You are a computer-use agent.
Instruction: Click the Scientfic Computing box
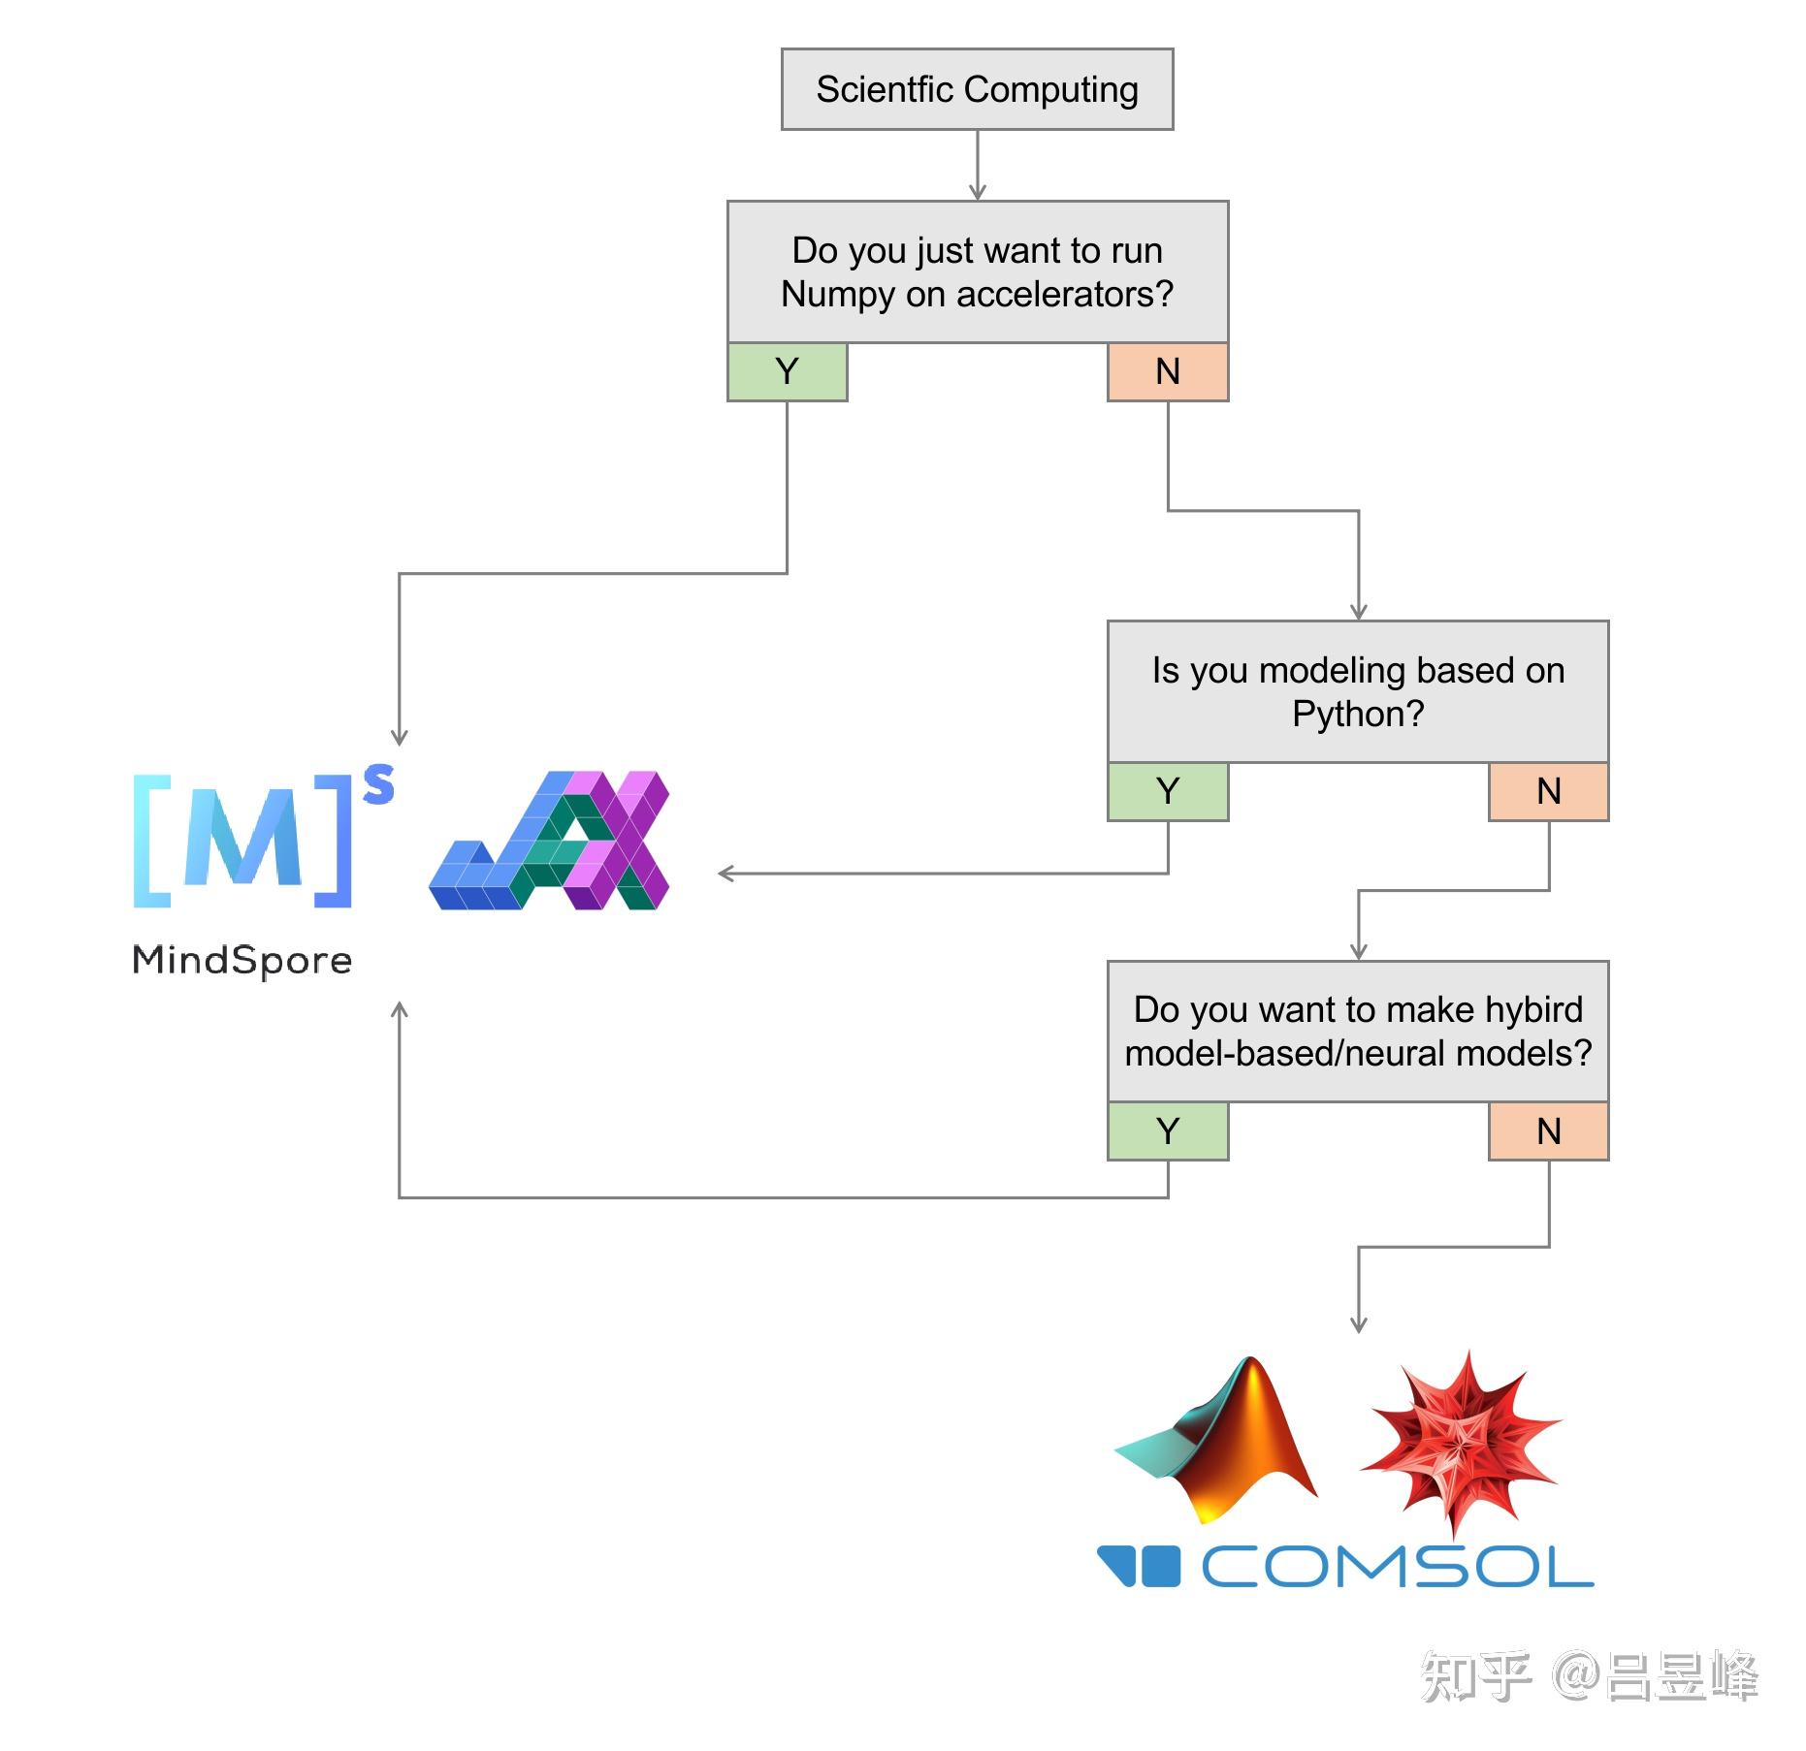point(977,89)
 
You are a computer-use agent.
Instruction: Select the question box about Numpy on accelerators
point(977,271)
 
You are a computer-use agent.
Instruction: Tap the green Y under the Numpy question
point(787,371)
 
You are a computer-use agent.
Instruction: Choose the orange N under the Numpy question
point(1167,371)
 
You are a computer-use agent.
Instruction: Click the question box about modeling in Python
point(1357,691)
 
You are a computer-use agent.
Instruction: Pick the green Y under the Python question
point(1167,791)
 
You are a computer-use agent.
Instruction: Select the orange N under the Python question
point(1548,791)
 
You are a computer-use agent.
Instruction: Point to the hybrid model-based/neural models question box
point(1357,1031)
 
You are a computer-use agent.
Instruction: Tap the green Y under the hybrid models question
point(1167,1130)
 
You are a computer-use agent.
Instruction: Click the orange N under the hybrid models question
point(1548,1130)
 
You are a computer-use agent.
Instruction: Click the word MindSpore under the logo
point(242,960)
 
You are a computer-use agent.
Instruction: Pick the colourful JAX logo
point(550,841)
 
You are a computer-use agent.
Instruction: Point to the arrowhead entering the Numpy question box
point(977,193)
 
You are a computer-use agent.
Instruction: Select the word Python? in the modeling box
point(1358,715)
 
